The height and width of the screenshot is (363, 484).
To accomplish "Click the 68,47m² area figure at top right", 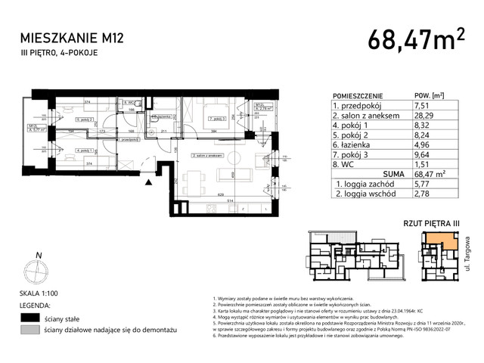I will coord(416,39).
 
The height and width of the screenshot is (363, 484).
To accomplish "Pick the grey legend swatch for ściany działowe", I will coord(29,330).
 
